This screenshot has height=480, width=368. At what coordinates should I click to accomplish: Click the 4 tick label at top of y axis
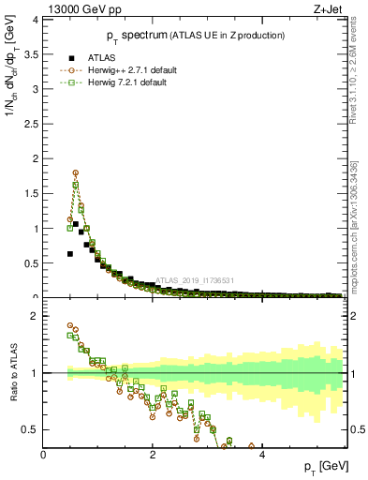tap(36, 19)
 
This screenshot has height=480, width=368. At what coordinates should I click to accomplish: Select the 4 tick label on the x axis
tap(261, 456)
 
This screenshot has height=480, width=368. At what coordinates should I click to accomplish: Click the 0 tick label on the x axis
tap(44, 456)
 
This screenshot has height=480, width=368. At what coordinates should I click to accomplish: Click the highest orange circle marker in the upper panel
tap(76, 172)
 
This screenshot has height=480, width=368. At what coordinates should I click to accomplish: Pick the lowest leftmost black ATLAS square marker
tap(70, 253)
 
